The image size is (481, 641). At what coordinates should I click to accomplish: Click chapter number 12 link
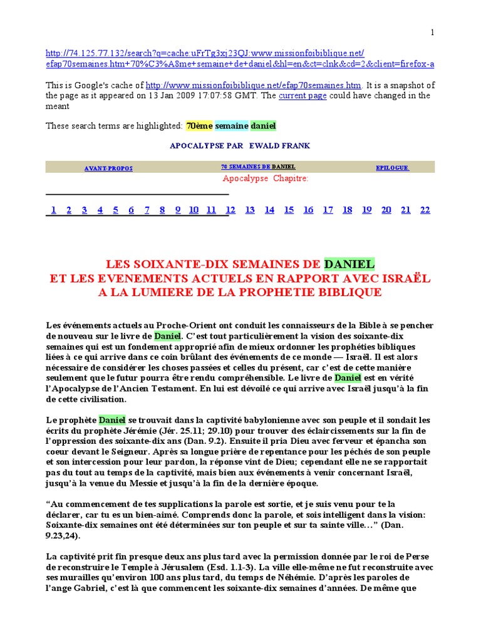[230, 210]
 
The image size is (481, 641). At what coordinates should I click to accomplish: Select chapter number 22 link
[425, 210]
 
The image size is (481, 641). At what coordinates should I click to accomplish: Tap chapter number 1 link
[54, 210]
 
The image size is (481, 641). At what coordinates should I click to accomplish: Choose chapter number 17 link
[328, 210]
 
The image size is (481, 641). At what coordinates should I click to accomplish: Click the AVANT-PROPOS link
[108, 168]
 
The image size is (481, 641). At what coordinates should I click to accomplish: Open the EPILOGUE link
[392, 168]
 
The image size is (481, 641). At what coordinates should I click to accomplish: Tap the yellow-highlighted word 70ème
[199, 126]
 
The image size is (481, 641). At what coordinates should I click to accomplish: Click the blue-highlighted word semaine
[232, 126]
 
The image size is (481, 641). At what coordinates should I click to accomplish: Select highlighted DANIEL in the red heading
[349, 264]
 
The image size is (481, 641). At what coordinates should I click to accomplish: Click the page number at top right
[432, 33]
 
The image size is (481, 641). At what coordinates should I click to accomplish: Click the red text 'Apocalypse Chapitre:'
[266, 178]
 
